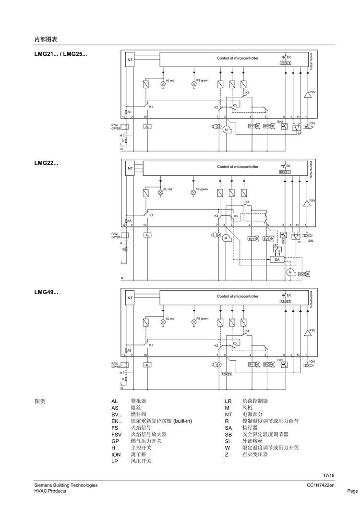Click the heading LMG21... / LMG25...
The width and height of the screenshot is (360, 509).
pyautogui.click(x=60, y=54)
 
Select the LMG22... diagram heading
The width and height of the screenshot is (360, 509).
pyautogui.click(x=46, y=163)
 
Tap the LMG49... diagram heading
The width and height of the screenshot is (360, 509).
pyautogui.click(x=46, y=292)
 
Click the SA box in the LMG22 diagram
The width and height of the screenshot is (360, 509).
pyautogui.click(x=276, y=259)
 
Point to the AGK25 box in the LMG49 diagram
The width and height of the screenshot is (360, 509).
pyautogui.click(x=226, y=374)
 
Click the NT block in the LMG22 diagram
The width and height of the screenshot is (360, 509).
pyautogui.click(x=130, y=168)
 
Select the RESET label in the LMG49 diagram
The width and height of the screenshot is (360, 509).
pyautogui.click(x=285, y=301)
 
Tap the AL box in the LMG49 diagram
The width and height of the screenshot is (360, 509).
pyautogui.click(x=147, y=365)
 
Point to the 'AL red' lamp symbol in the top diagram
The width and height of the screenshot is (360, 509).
pyautogui.click(x=163, y=83)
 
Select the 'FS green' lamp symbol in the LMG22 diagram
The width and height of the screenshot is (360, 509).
pyautogui.click(x=194, y=192)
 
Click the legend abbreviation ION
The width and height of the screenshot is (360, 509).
pyautogui.click(x=116, y=454)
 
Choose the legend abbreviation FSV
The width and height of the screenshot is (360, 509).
pyautogui.click(x=116, y=434)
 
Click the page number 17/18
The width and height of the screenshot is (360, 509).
pyautogui.click(x=328, y=475)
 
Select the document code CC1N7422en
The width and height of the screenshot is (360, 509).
pyautogui.click(x=321, y=485)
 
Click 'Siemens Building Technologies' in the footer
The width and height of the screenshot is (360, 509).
pyautogui.click(x=66, y=485)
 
